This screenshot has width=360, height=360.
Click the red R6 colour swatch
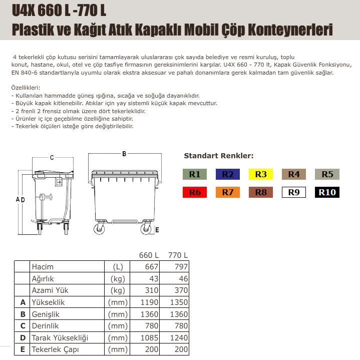(195, 192)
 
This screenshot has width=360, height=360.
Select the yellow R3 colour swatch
(261, 174)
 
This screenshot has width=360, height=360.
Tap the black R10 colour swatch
(327, 192)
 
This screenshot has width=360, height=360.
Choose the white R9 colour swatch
(294, 192)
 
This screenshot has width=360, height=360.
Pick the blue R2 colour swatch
(228, 174)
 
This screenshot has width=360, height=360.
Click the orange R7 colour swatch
(228, 192)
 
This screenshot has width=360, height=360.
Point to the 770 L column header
(177, 255)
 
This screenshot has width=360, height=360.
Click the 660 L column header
(149, 255)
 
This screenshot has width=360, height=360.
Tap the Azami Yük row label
(50, 290)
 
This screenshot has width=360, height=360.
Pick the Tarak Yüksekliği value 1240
(178, 338)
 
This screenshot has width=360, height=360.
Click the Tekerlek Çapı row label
(55, 350)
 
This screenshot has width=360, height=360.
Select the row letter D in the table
(22, 338)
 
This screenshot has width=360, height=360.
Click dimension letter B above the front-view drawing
(124, 154)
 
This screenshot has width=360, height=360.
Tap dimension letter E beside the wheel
(157, 230)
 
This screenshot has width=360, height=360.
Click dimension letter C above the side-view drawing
(52, 158)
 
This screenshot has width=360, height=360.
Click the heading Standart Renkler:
(218, 156)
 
